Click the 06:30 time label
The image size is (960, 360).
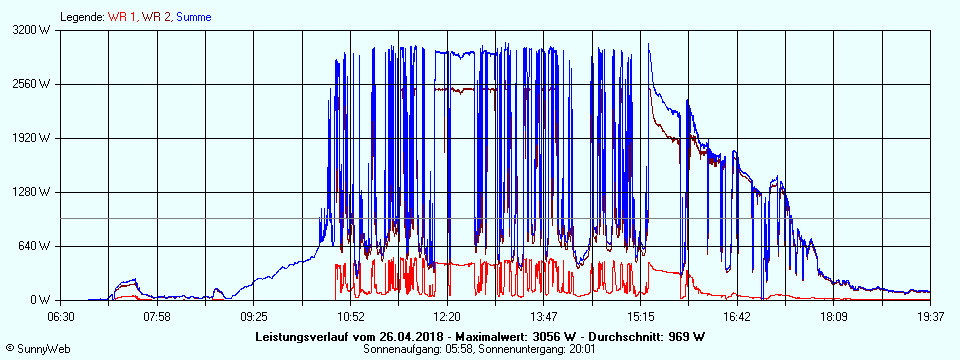coord(62,317)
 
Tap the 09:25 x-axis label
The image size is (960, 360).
coord(254,317)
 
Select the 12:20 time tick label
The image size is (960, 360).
coord(447,317)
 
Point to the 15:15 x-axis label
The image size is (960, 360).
coord(640,317)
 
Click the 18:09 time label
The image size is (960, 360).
coord(833,317)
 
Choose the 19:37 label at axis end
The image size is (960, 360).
coord(930,317)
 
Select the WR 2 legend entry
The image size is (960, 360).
coord(157,17)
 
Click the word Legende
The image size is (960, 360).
coord(82,17)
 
